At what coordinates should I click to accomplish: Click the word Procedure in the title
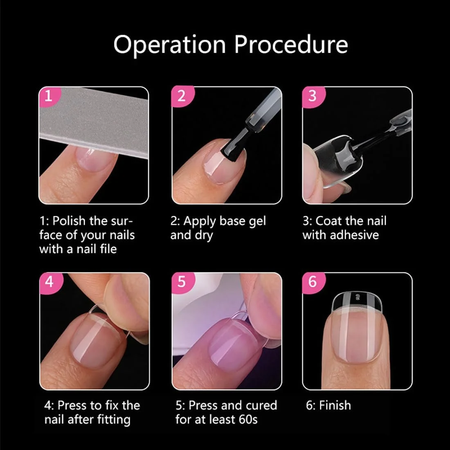coord(291,45)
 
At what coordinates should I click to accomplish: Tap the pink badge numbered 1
coord(49,97)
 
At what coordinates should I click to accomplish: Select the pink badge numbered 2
coord(183,97)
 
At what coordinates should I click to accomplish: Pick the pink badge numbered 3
coord(314,97)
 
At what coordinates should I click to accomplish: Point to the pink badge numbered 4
coord(50,282)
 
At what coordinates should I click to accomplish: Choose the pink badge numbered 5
coord(183,282)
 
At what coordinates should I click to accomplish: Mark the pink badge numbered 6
coord(314,282)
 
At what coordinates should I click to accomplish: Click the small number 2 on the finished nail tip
coord(357,297)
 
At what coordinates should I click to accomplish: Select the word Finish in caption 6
coord(335,405)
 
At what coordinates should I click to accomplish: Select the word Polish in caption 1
coord(69,220)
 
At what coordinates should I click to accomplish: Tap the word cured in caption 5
coord(261,405)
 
